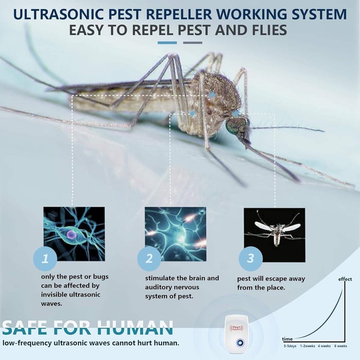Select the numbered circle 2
click(149, 259)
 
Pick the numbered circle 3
click(250, 259)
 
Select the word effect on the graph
click(345, 279)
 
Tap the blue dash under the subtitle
click(167, 43)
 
